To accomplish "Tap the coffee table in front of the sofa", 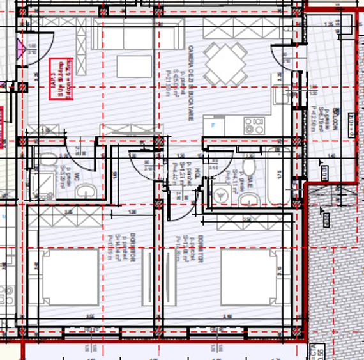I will pos(134,67).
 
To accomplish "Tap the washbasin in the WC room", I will pos(85,191).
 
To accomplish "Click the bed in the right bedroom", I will pos(248,276).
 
